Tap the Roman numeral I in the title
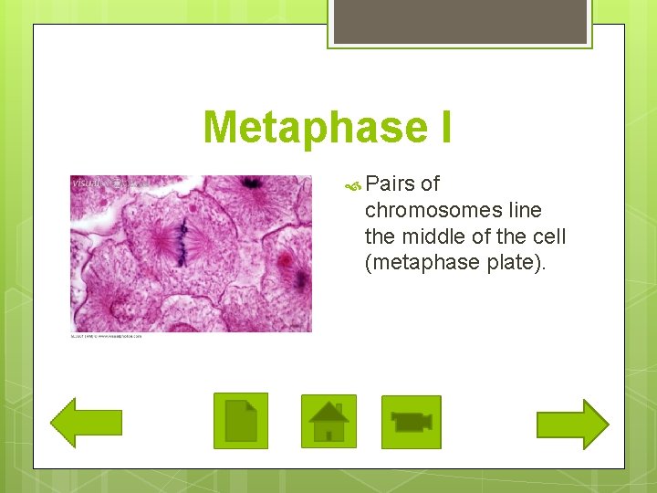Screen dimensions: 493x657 pos(442,128)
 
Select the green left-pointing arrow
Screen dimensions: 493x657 pos(86,423)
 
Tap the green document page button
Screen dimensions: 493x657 pos(241,421)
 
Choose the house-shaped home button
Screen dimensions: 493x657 pos(328,422)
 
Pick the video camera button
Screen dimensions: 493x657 pos(411,422)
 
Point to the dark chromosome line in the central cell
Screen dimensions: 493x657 pos(182,239)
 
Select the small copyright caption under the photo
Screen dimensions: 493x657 pos(107,336)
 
